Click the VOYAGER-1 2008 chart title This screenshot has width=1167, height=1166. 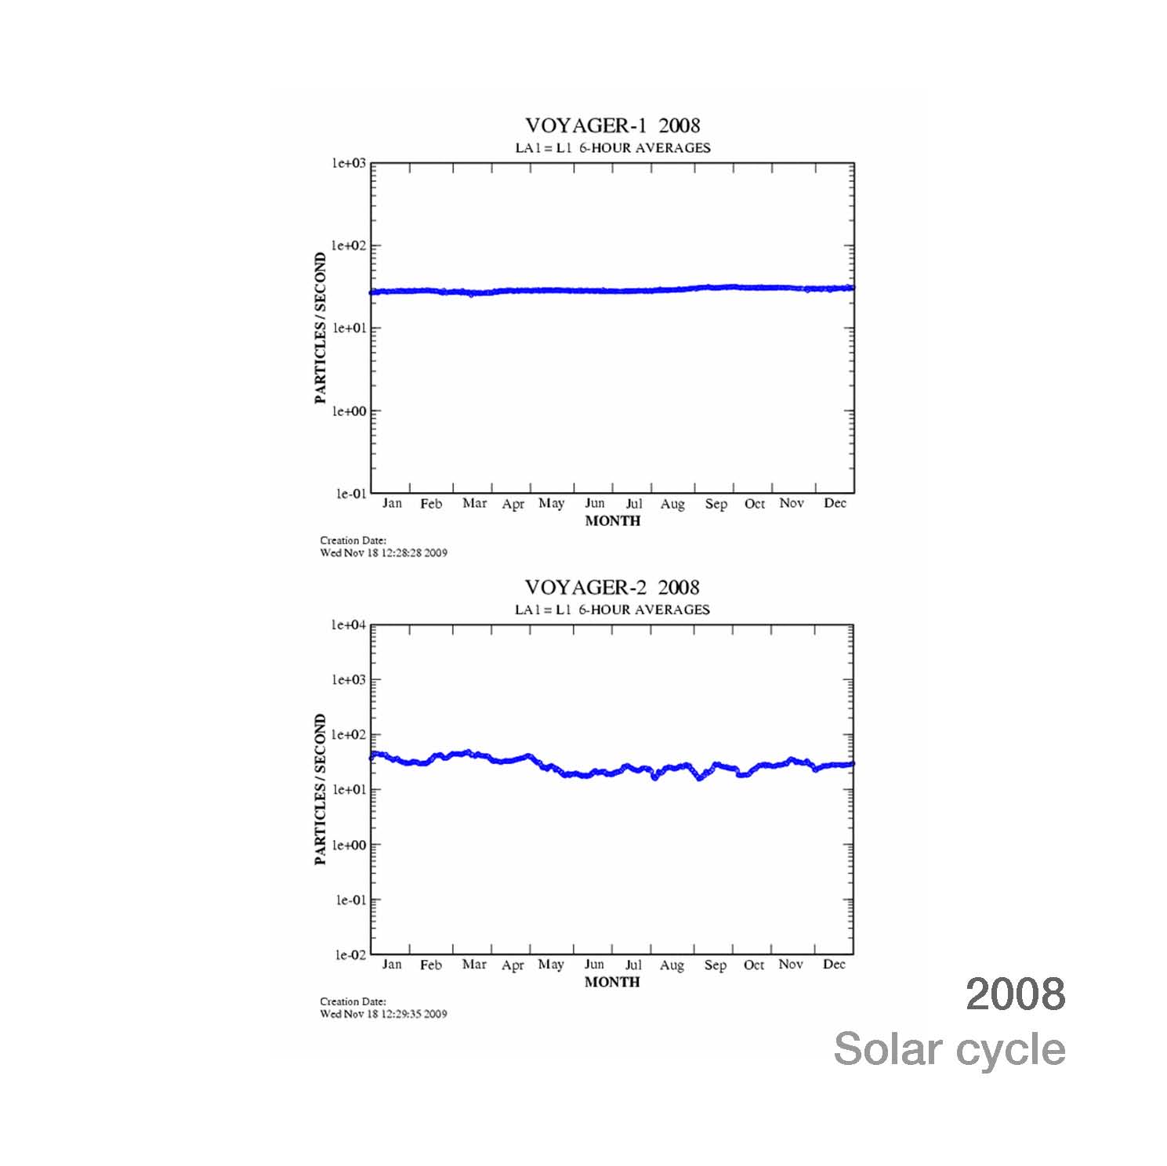click(x=612, y=125)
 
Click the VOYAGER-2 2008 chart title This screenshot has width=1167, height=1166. click(x=611, y=587)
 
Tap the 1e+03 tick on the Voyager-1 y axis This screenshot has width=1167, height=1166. click(x=350, y=163)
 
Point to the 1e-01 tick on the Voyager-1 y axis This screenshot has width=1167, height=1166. click(x=350, y=494)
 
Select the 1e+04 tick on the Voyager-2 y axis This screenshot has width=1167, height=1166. click(x=350, y=625)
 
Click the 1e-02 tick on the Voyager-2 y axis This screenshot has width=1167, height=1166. click(x=350, y=954)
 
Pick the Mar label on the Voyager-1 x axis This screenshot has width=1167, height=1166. click(x=474, y=503)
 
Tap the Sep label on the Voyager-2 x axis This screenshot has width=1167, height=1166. click(x=715, y=965)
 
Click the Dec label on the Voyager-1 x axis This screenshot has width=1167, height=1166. click(x=835, y=503)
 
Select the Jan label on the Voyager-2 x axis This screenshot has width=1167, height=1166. click(x=391, y=965)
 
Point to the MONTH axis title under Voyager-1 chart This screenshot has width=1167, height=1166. click(x=612, y=520)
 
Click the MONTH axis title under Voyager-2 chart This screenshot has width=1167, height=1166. click(x=611, y=982)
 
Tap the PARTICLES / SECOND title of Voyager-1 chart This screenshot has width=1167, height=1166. click(x=320, y=328)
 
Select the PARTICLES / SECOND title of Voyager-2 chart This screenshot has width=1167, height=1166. click(x=320, y=789)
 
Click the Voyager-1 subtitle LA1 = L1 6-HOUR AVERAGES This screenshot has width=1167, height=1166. click(x=612, y=147)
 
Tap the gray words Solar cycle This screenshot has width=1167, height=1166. click(x=949, y=1048)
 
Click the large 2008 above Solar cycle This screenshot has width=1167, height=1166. click(x=1015, y=994)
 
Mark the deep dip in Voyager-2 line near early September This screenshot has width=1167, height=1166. click(x=699, y=778)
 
